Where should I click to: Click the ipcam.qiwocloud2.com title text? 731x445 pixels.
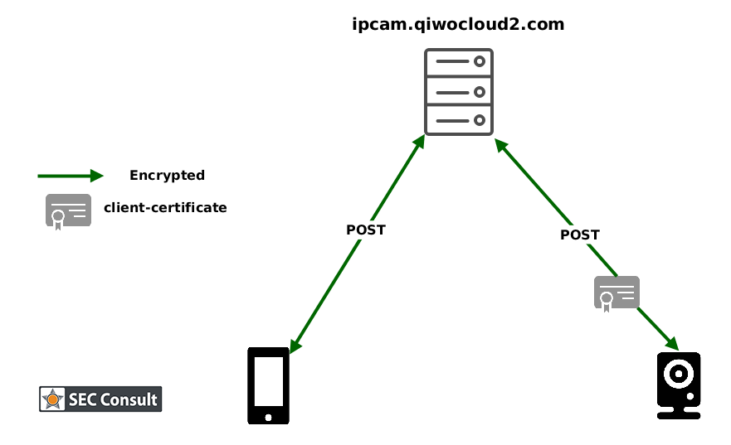click(458, 25)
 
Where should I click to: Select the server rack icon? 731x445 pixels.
click(459, 91)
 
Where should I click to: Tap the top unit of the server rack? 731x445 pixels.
click(459, 63)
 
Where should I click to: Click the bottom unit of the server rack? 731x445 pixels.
click(459, 120)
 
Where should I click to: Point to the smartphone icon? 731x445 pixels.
click(268, 385)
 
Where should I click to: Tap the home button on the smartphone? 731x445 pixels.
click(268, 417)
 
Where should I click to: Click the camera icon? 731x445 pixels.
click(679, 385)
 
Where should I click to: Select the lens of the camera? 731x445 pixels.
click(679, 375)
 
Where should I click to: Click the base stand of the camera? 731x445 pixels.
click(679, 413)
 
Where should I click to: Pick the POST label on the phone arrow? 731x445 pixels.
click(366, 230)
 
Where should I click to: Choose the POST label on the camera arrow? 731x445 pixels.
click(579, 235)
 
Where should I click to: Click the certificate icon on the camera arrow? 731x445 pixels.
click(616, 293)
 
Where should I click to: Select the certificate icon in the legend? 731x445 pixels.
click(68, 211)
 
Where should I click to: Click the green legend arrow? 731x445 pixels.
click(71, 176)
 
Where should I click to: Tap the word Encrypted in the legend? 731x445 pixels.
click(167, 176)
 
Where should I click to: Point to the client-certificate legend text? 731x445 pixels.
click(165, 208)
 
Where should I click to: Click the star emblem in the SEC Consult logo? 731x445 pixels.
click(53, 399)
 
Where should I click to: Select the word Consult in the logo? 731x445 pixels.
click(131, 399)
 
